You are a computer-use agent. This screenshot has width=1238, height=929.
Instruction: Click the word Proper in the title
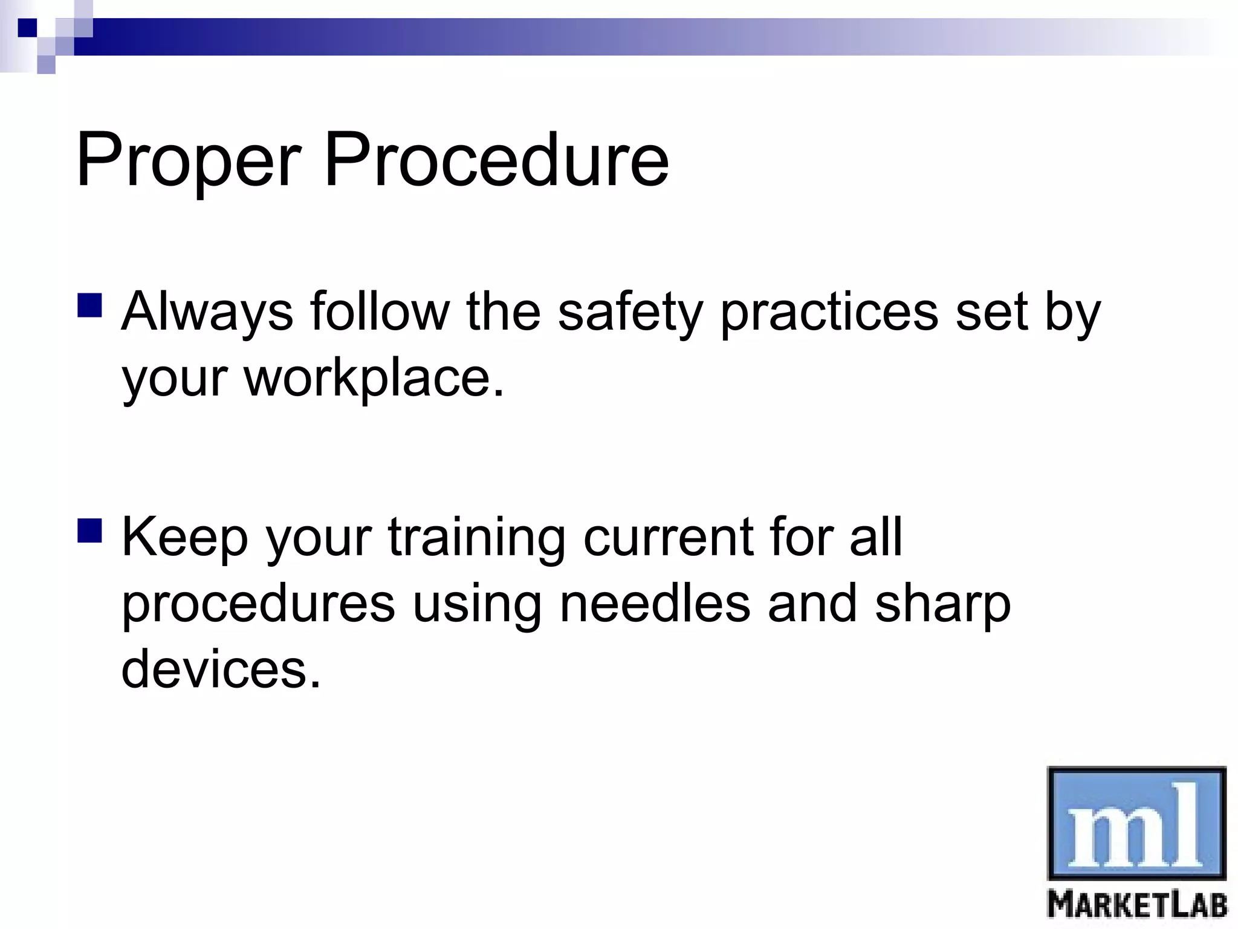point(187,160)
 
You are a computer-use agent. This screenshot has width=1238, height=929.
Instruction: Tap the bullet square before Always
point(90,305)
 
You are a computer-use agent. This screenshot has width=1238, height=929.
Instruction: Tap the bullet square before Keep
point(90,530)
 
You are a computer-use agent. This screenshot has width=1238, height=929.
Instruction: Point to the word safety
point(630,312)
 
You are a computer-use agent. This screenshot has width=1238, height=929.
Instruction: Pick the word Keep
point(185,537)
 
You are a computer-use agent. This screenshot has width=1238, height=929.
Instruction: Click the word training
point(476,537)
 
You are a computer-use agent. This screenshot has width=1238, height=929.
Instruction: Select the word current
point(667,537)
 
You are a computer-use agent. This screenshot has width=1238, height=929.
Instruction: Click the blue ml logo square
point(1136,823)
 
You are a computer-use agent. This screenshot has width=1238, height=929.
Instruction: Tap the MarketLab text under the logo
point(1136,905)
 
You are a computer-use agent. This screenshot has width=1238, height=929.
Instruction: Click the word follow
point(380,312)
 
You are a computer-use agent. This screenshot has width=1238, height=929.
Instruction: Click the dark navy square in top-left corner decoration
point(27,28)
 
